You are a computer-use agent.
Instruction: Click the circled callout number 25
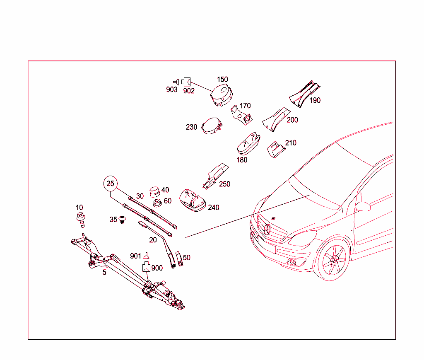[110, 183]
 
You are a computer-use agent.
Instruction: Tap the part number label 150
[223, 80]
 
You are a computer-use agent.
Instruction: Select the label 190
[315, 100]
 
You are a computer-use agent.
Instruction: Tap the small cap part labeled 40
[154, 191]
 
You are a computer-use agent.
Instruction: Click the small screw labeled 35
[122, 219]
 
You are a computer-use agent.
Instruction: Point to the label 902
[189, 91]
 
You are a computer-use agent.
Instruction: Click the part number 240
[214, 208]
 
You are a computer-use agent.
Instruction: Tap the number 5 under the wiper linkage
[104, 272]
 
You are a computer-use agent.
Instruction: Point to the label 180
[242, 160]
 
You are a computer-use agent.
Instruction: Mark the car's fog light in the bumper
[293, 262]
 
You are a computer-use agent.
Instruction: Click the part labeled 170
[241, 114]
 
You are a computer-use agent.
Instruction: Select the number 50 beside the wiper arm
[187, 258]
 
